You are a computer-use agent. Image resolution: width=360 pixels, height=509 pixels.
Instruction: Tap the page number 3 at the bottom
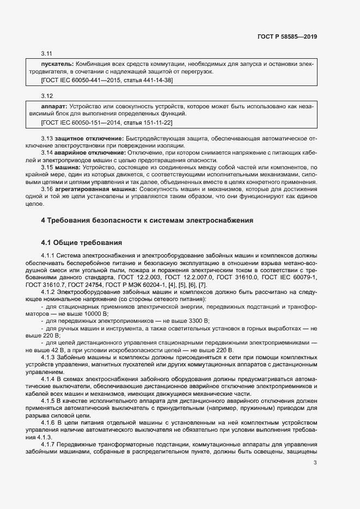[x=315, y=463]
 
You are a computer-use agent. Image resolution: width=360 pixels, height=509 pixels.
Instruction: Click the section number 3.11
[x=46, y=54]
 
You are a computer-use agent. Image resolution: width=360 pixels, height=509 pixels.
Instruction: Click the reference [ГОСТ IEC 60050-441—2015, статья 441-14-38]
[x=107, y=80]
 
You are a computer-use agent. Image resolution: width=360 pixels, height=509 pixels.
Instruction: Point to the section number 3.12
[x=46, y=96]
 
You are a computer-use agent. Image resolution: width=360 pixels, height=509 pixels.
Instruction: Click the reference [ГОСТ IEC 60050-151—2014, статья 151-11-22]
[x=107, y=122]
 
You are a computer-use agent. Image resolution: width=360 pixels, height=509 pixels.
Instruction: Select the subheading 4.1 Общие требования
[x=82, y=242]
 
